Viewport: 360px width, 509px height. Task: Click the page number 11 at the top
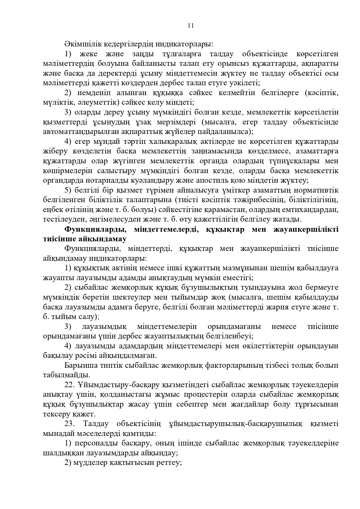coord(191,26)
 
